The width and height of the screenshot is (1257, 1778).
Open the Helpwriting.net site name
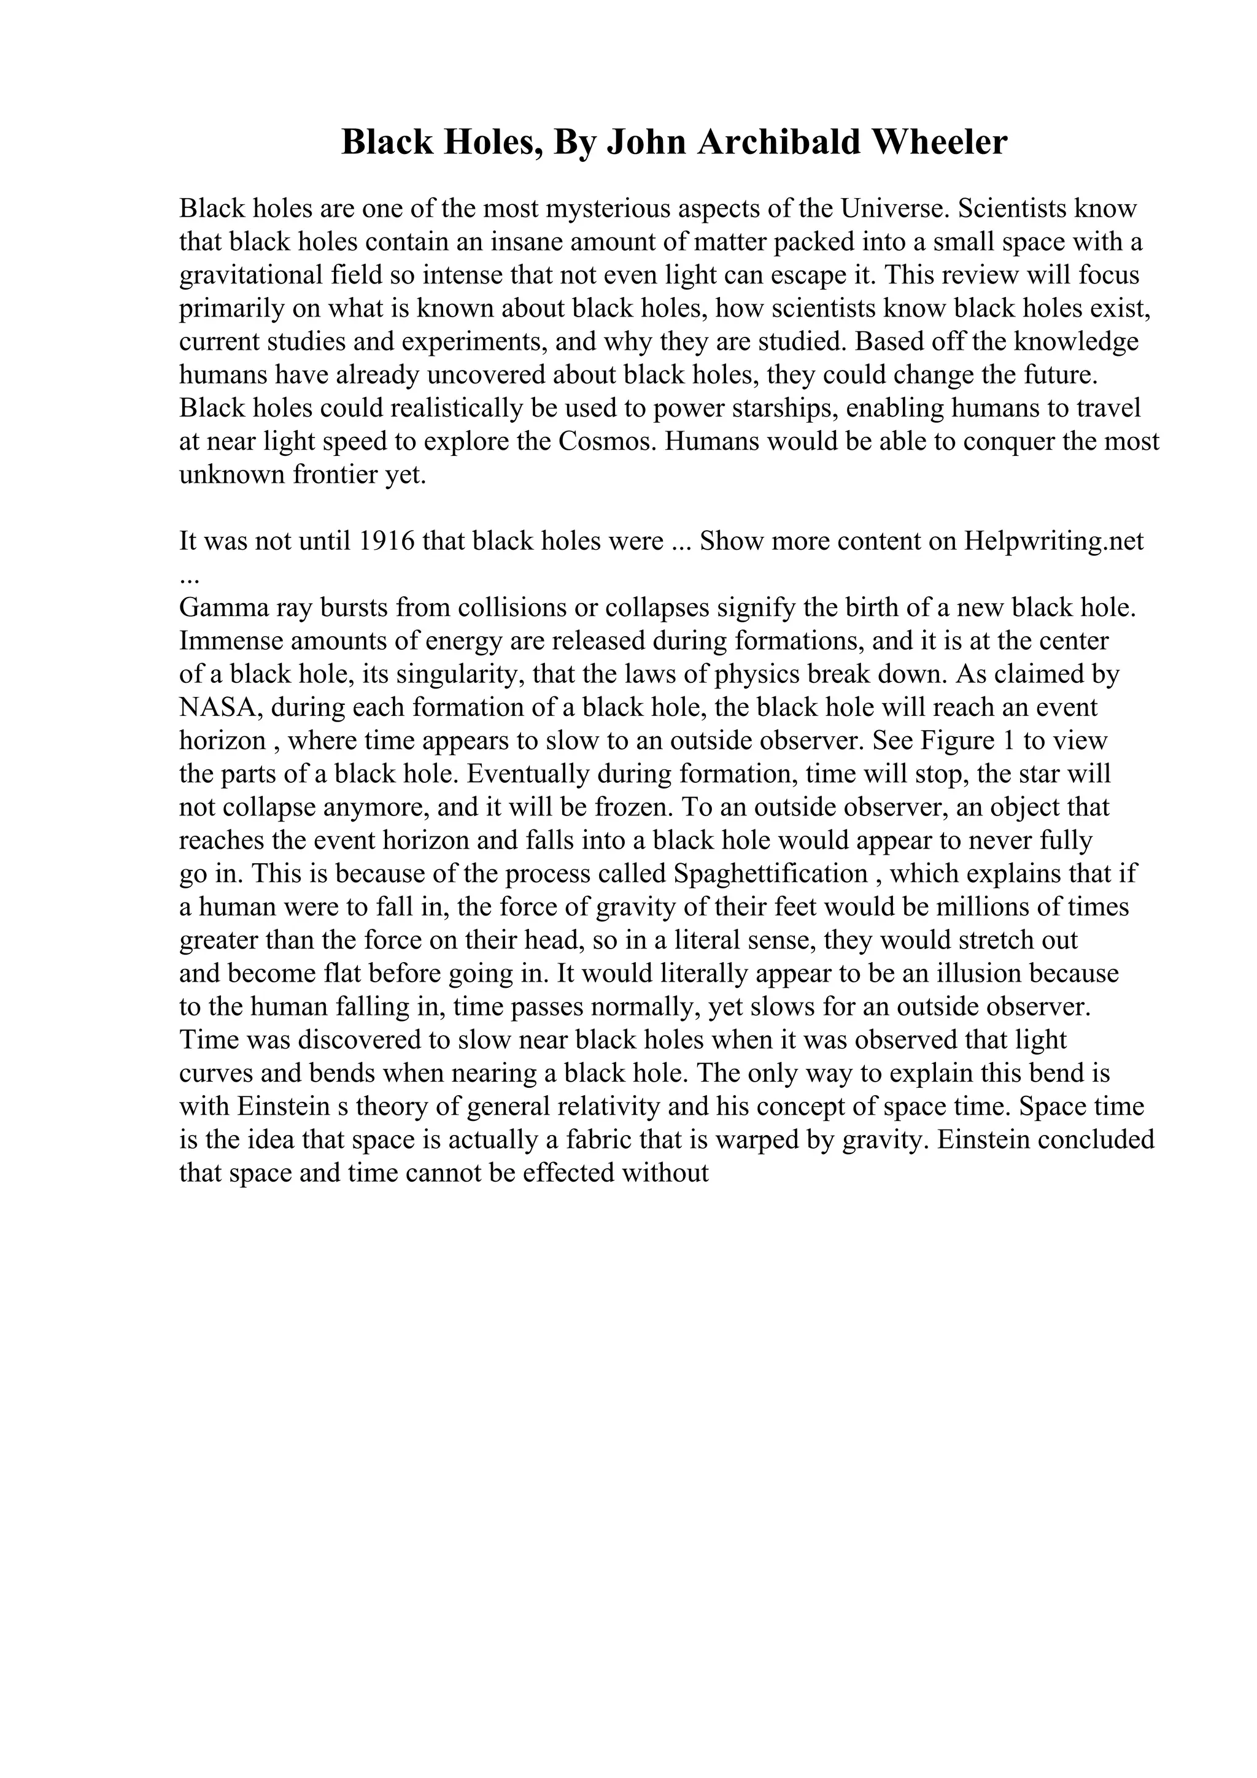[x=1054, y=541]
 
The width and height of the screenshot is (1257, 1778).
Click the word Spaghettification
[x=771, y=874]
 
